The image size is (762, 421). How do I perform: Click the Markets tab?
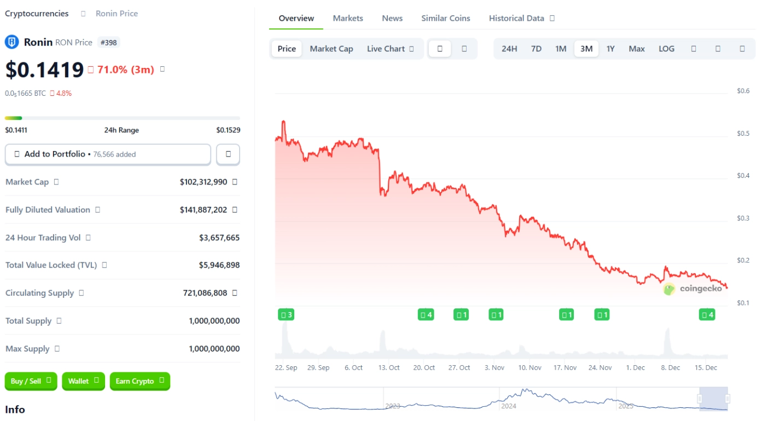(348, 18)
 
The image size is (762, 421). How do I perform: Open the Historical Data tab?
(516, 18)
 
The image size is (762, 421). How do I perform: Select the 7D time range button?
(536, 49)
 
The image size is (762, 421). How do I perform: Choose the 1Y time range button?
(610, 49)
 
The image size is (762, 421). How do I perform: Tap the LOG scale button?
(666, 49)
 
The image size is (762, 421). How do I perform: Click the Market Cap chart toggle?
(331, 49)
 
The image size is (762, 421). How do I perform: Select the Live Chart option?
(386, 49)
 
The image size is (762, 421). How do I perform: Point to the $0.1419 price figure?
(44, 70)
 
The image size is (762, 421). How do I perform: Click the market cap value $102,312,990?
(203, 182)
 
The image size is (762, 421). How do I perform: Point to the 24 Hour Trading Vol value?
(219, 238)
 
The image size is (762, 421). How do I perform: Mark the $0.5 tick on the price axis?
(743, 134)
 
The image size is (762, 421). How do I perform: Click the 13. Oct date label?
(389, 368)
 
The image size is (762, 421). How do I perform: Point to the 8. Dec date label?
(670, 368)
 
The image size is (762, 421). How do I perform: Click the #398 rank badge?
(108, 42)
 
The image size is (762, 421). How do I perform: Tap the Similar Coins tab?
(445, 18)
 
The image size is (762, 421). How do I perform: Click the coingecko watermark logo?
(693, 289)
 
